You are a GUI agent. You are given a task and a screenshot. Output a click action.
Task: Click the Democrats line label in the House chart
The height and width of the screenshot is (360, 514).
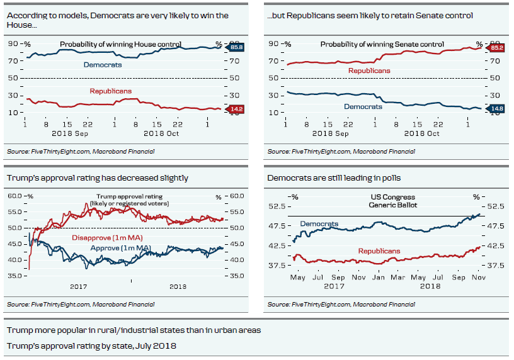tap(103, 64)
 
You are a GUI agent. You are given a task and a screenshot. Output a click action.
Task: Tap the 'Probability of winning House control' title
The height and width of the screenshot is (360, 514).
tap(120, 44)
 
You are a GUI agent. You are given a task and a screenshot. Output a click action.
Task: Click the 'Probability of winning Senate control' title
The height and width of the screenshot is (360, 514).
tap(382, 44)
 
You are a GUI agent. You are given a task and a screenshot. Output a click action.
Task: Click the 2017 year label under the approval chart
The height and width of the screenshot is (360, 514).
tap(78, 286)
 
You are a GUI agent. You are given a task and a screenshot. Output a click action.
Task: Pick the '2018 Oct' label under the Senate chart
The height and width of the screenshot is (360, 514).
tap(421, 133)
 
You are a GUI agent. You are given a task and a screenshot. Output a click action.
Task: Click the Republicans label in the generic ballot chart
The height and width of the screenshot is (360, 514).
tap(379, 251)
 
